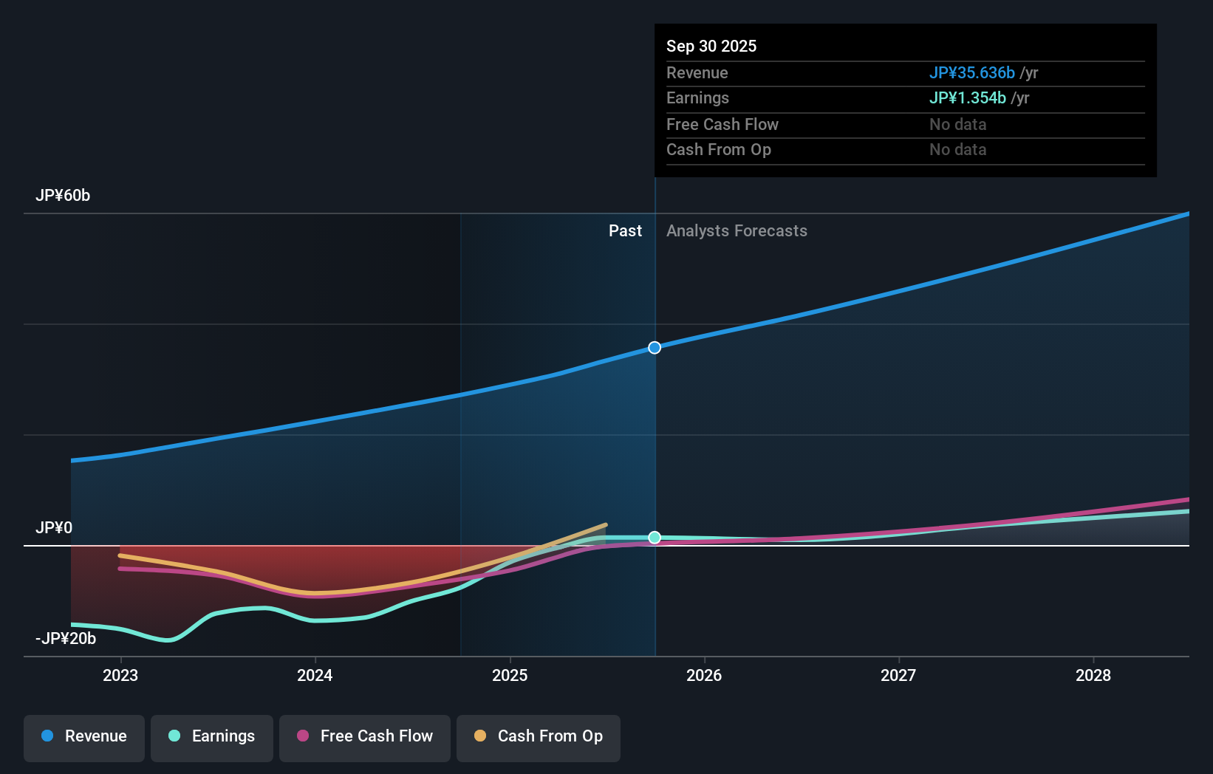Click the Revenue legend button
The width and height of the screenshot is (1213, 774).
pos(84,736)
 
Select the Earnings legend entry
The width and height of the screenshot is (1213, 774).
pos(212,736)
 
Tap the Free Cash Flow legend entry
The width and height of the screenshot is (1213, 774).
pos(365,736)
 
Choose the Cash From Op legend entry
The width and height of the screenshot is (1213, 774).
pos(539,736)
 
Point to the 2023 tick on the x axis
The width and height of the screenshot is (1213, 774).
pos(120,675)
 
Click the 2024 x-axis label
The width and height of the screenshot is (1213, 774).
pos(315,675)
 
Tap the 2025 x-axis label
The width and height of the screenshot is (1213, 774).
pos(510,675)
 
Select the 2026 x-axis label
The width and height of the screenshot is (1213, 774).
pos(704,675)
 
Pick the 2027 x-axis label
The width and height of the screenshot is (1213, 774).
pos(898,675)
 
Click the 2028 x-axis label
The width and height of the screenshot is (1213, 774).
pos(1093,675)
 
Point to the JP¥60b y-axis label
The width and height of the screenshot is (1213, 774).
pos(63,196)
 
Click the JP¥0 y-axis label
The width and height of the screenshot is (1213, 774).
pos(54,528)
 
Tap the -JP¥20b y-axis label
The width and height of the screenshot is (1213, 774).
pos(66,639)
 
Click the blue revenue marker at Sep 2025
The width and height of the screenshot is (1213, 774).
pos(655,348)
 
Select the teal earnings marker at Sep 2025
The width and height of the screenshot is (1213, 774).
pos(655,538)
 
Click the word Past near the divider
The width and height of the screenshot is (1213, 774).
pos(625,231)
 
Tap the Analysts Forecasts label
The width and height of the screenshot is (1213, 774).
pos(737,231)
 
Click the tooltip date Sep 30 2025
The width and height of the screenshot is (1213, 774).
pos(711,46)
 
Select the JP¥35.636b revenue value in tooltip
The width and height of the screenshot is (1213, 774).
pos(971,73)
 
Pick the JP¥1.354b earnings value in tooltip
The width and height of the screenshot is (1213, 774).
pos(967,98)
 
